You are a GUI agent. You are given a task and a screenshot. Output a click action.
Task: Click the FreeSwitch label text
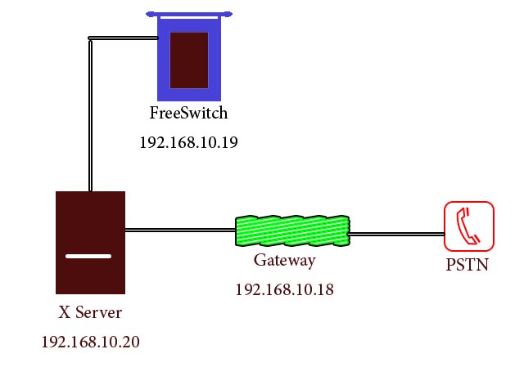[188, 113]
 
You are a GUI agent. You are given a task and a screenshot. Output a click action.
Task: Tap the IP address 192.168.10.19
[188, 142]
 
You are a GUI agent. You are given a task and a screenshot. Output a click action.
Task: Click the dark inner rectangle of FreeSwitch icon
[189, 60]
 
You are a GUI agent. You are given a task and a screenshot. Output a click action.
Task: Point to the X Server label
[90, 312]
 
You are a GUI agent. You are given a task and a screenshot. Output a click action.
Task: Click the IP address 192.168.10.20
[90, 342]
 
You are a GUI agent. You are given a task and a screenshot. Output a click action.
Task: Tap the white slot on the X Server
[88, 256]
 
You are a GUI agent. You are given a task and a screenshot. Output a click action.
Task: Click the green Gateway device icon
[292, 231]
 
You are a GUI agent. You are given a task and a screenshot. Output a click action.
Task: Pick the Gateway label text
[284, 261]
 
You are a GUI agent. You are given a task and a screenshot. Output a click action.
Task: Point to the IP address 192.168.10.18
[284, 289]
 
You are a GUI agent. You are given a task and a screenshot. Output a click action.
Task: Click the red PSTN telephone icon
[469, 226]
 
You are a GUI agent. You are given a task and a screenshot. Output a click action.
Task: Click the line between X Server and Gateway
[180, 230]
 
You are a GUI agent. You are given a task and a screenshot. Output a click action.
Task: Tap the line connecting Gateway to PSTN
[396, 234]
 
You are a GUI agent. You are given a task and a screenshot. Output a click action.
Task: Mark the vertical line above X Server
[90, 114]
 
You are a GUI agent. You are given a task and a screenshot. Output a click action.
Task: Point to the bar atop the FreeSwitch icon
[189, 14]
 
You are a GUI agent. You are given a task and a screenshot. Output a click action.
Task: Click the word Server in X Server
[101, 312]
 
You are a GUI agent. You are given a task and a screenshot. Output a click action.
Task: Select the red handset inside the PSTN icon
[469, 226]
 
